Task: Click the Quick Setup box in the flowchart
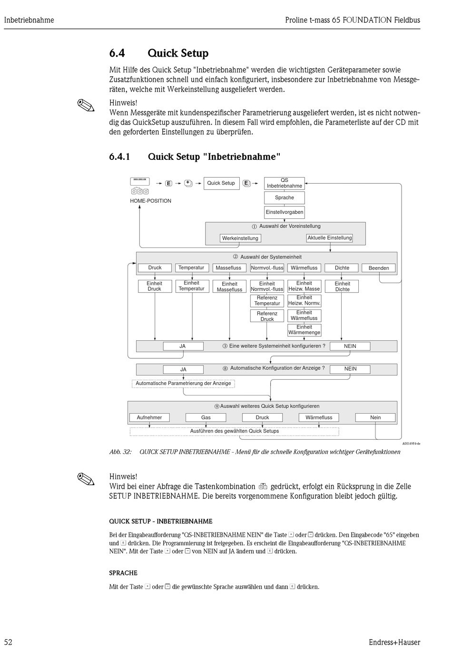coord(221,183)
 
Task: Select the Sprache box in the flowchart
coord(285,198)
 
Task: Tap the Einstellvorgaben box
coord(285,212)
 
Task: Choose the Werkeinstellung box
coord(240,238)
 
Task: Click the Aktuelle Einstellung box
coord(330,237)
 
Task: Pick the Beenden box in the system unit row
coord(379,268)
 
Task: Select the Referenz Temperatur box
coord(267,301)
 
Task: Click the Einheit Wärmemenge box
coord(304,330)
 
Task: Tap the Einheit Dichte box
coord(342,286)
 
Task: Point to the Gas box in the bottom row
coord(206,417)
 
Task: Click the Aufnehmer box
coord(149,417)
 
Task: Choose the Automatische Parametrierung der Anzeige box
coord(183,383)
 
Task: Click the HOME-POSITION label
coord(150,201)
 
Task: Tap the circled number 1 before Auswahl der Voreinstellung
coord(255,227)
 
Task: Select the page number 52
coord(8,642)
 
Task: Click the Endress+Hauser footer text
coord(394,642)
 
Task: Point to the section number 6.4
coord(117,53)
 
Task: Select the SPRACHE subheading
coord(123,573)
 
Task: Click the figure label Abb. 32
coord(120,452)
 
